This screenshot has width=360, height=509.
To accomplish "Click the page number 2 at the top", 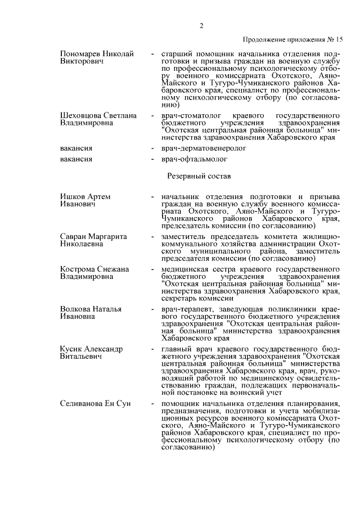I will (201, 25).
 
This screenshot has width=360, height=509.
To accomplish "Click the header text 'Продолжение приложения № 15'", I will (292, 40).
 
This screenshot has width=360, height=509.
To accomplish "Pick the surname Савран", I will (74, 237).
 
